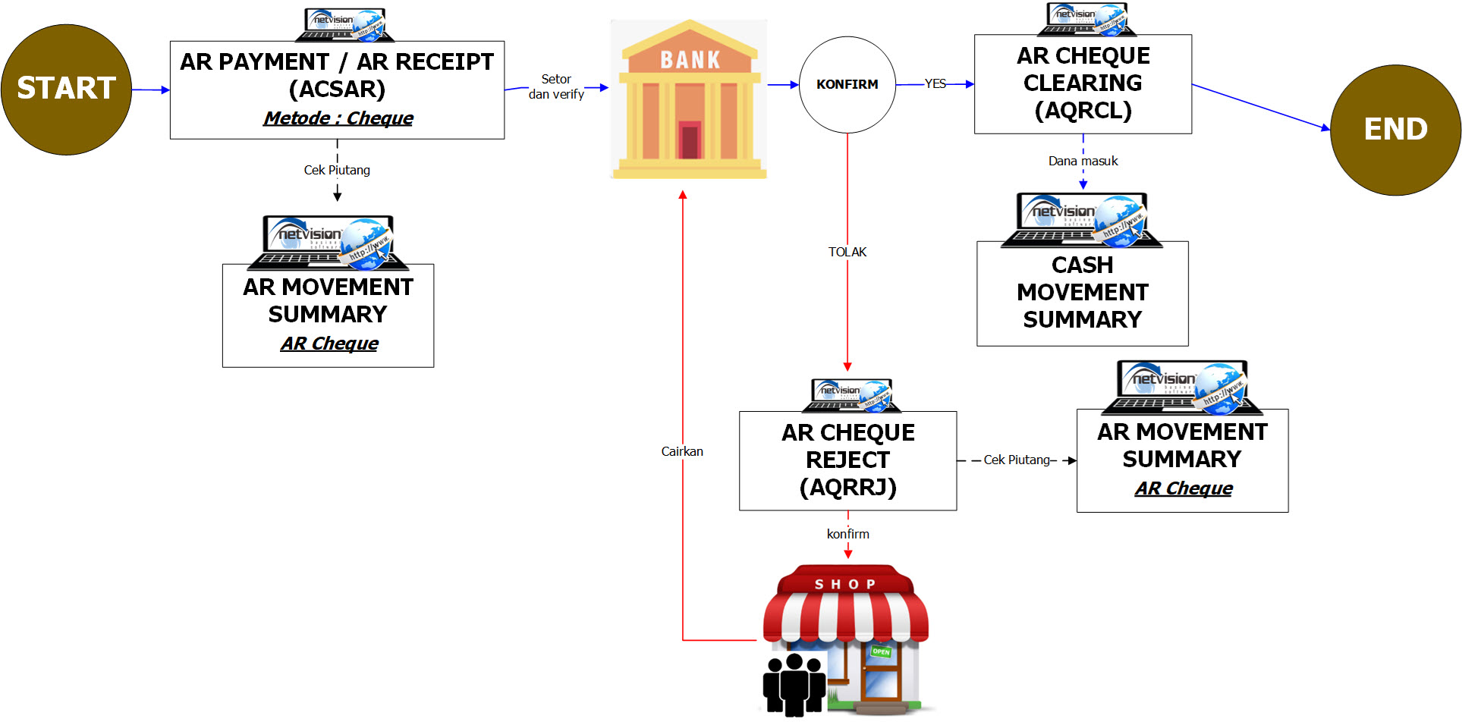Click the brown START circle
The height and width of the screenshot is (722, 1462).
coord(66,89)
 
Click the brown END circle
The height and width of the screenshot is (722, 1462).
coord(1395,130)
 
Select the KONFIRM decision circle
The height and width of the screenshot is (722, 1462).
coord(847,84)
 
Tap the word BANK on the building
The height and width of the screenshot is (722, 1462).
coord(690,60)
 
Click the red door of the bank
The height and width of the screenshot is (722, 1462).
coord(689,140)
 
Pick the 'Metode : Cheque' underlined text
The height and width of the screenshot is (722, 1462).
coord(338,118)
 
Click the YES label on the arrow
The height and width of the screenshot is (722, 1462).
coord(935,84)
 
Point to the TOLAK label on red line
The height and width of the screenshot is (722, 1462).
coord(847,252)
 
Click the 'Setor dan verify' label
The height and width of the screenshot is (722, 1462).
coord(556,86)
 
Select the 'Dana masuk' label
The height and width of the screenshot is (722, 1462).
coord(1083,161)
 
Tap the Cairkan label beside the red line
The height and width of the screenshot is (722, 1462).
coord(682,451)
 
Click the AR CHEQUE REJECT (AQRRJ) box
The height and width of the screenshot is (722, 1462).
coord(847,460)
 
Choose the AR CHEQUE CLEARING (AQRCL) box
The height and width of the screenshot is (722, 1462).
coord(1083,83)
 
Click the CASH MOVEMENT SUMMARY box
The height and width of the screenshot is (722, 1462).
coord(1082,293)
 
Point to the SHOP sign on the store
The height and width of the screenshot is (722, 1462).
coord(845,584)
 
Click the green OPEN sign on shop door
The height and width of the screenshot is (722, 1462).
coord(881,651)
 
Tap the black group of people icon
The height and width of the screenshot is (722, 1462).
coord(794,685)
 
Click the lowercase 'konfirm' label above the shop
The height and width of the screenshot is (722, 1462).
coord(847,534)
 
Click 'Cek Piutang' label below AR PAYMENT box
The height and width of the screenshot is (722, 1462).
coord(337,170)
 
